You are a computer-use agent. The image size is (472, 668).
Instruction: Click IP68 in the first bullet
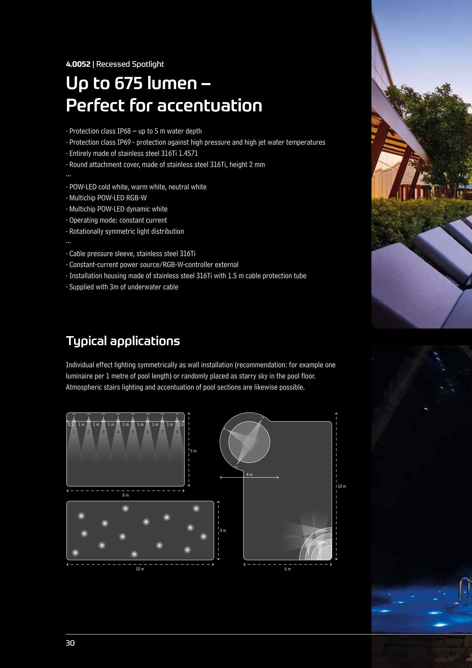click(x=124, y=131)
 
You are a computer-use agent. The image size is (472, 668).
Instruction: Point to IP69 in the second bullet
click(x=124, y=142)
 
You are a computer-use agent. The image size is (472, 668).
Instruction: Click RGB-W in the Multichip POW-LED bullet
click(x=137, y=198)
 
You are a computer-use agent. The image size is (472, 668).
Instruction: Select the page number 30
click(x=70, y=643)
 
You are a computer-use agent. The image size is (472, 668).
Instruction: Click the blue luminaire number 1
click(x=74, y=432)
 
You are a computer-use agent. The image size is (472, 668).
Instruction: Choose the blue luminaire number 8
click(x=177, y=432)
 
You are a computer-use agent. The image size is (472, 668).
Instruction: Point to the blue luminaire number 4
click(x=118, y=432)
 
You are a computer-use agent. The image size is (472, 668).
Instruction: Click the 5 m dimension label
click(x=193, y=451)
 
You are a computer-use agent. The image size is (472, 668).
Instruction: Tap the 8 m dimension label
click(x=126, y=495)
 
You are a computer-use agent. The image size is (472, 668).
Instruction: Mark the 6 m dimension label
click(x=288, y=569)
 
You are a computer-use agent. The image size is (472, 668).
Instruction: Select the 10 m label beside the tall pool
click(x=342, y=486)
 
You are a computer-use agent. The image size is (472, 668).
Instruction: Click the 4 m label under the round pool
click(x=250, y=475)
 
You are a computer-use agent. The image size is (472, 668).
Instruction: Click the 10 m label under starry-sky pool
click(x=140, y=569)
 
